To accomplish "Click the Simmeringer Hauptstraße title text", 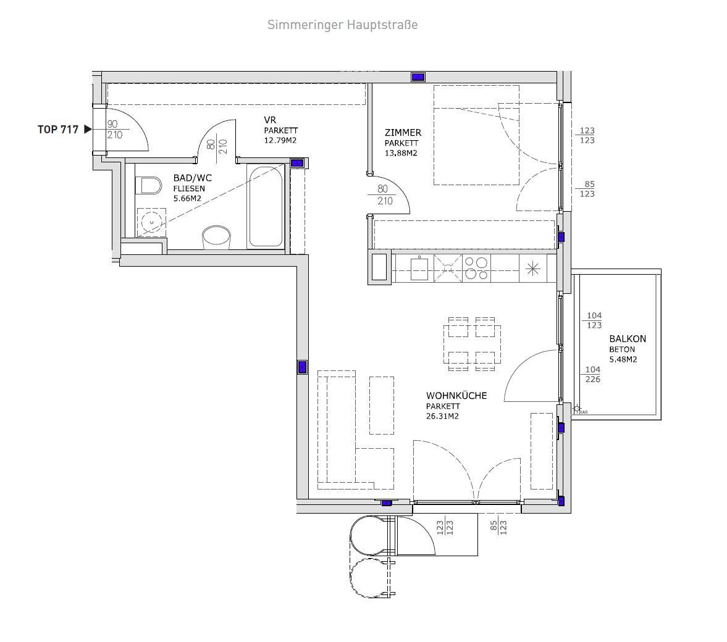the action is coord(342,25).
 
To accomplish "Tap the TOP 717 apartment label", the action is coord(58,130).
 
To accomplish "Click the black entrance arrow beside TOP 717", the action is coord(88,130).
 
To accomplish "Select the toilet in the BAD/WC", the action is coord(149,186).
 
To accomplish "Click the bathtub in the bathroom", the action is coord(265,207).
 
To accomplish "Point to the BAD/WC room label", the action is coord(193,178).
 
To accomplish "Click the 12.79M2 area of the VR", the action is coord(280,141).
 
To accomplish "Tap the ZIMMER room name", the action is coord(403,133).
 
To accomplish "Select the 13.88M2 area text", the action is coord(401,153).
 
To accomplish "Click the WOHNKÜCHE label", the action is coord(456,396).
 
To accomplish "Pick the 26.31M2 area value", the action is coord(442,416).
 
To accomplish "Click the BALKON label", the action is coord(628,339).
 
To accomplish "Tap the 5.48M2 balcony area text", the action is coord(623,359).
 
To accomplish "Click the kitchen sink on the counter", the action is coord(419,269).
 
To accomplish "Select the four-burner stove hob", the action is coord(476,269).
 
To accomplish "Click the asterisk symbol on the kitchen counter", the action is coord(533,269).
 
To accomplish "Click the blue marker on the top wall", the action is coord(418,77).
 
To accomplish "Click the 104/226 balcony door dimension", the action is coord(593,375).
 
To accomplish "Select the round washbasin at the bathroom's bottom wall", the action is coord(217,237).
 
